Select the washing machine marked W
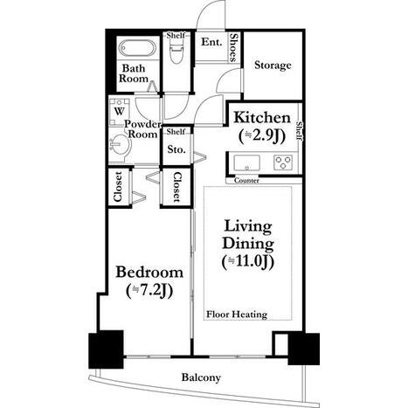(119, 112)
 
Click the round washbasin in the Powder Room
(121, 144)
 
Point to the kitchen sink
(247, 163)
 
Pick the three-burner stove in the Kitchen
(283, 163)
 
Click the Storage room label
(273, 66)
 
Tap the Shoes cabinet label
(233, 47)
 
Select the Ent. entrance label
(211, 42)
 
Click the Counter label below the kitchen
(246, 181)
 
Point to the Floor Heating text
(237, 315)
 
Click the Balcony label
(201, 377)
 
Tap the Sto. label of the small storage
(176, 149)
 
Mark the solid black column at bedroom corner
(106, 349)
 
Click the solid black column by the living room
(304, 349)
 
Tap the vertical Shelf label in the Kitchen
(299, 131)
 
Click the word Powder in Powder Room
(142, 124)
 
